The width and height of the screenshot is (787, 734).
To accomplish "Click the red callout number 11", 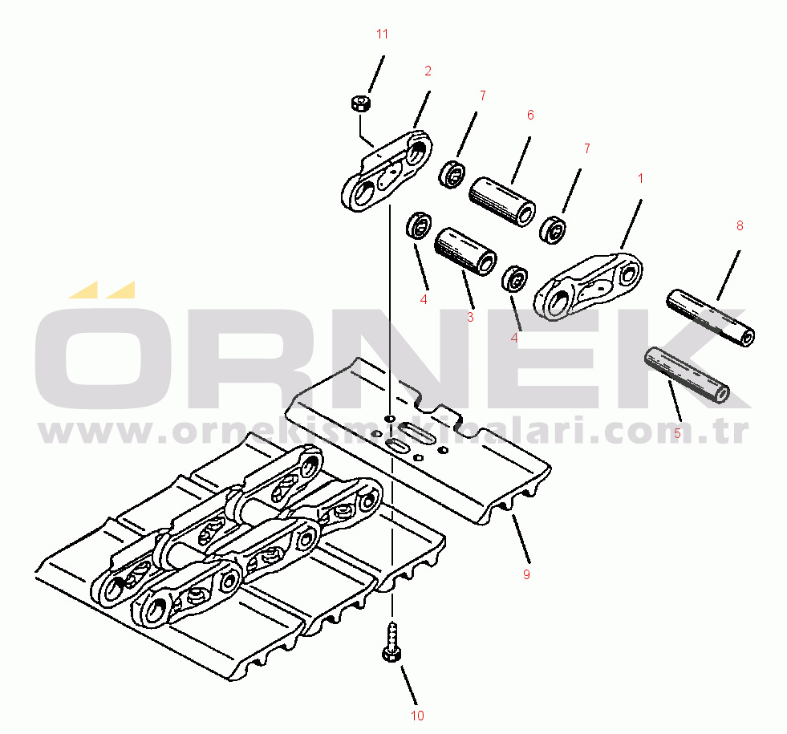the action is [383, 34].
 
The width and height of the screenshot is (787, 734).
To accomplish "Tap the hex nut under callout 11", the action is [360, 103].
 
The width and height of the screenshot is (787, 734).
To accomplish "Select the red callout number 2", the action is [428, 71].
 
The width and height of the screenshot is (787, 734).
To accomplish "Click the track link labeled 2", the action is [386, 171].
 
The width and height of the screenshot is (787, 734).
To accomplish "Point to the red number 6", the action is [530, 115].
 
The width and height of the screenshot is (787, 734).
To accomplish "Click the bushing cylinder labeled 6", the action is [502, 201].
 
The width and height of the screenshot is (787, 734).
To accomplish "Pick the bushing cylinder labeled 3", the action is [465, 251].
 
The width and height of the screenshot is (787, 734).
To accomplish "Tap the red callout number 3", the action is [470, 317].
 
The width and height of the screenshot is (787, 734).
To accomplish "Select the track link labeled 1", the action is [588, 286].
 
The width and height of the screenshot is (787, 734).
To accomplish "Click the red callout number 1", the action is [640, 178].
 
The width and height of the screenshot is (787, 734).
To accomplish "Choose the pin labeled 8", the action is [710, 318].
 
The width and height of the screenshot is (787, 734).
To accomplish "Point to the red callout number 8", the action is [740, 225].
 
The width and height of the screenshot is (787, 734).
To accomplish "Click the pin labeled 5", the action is [687, 375].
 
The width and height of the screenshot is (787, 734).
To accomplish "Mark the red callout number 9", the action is [526, 574].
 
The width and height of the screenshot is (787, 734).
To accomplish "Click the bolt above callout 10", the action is [391, 643].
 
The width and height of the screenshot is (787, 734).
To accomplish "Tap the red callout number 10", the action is [418, 716].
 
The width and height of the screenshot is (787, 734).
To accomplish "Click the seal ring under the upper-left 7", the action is [452, 175].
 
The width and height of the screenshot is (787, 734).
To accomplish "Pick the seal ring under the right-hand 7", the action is [553, 230].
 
